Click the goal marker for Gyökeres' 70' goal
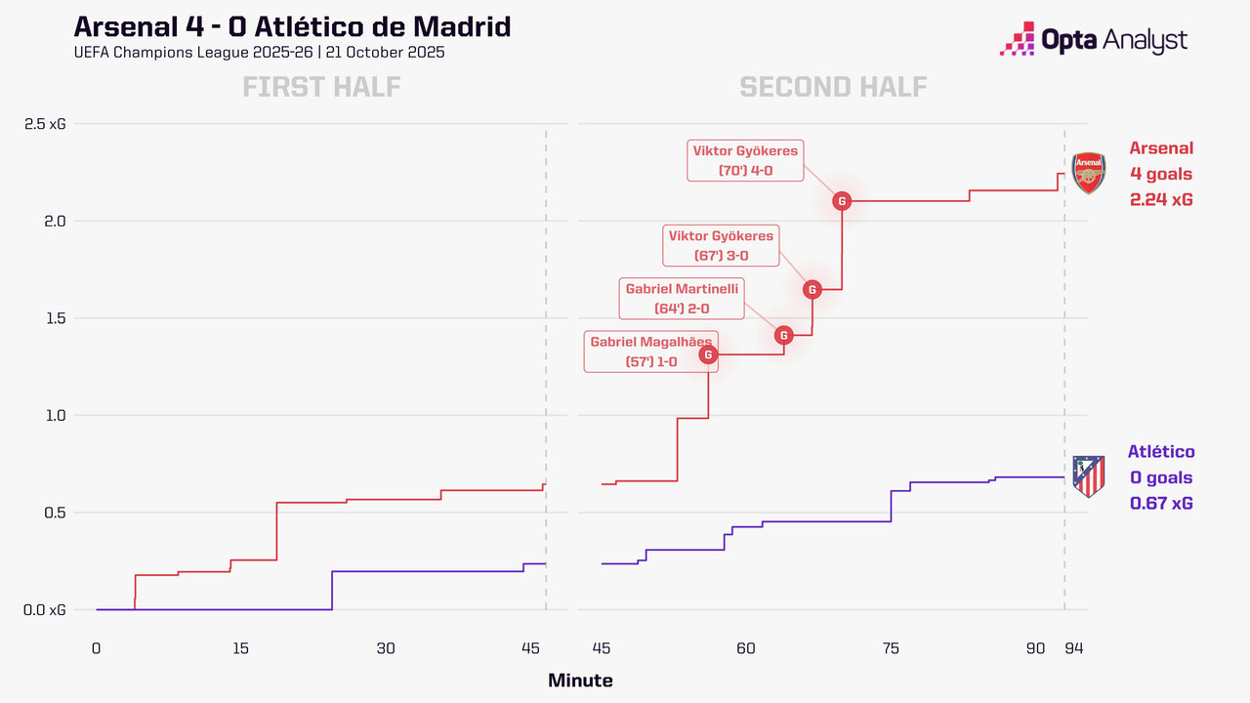pyautogui.click(x=842, y=201)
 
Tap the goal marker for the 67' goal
pyautogui.click(x=812, y=289)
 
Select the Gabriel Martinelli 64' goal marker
pyautogui.click(x=784, y=335)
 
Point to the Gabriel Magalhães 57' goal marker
pyautogui.click(x=709, y=354)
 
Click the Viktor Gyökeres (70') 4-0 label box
pyautogui.click(x=745, y=161)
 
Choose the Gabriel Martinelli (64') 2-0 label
pyautogui.click(x=682, y=298)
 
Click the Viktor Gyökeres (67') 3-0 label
pyautogui.click(x=721, y=245)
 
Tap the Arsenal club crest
pyautogui.click(x=1088, y=173)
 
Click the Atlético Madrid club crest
pyautogui.click(x=1088, y=476)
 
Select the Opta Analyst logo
pyautogui.click(x=1094, y=40)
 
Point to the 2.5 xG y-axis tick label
pyautogui.click(x=45, y=124)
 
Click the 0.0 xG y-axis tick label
pyautogui.click(x=45, y=610)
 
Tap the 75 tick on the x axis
pyautogui.click(x=891, y=648)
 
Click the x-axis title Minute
pyautogui.click(x=580, y=681)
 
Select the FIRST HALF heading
pyautogui.click(x=321, y=87)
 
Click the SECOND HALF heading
pyautogui.click(x=833, y=87)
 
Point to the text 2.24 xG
pyautogui.click(x=1161, y=199)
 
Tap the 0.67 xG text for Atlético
pyautogui.click(x=1161, y=503)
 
